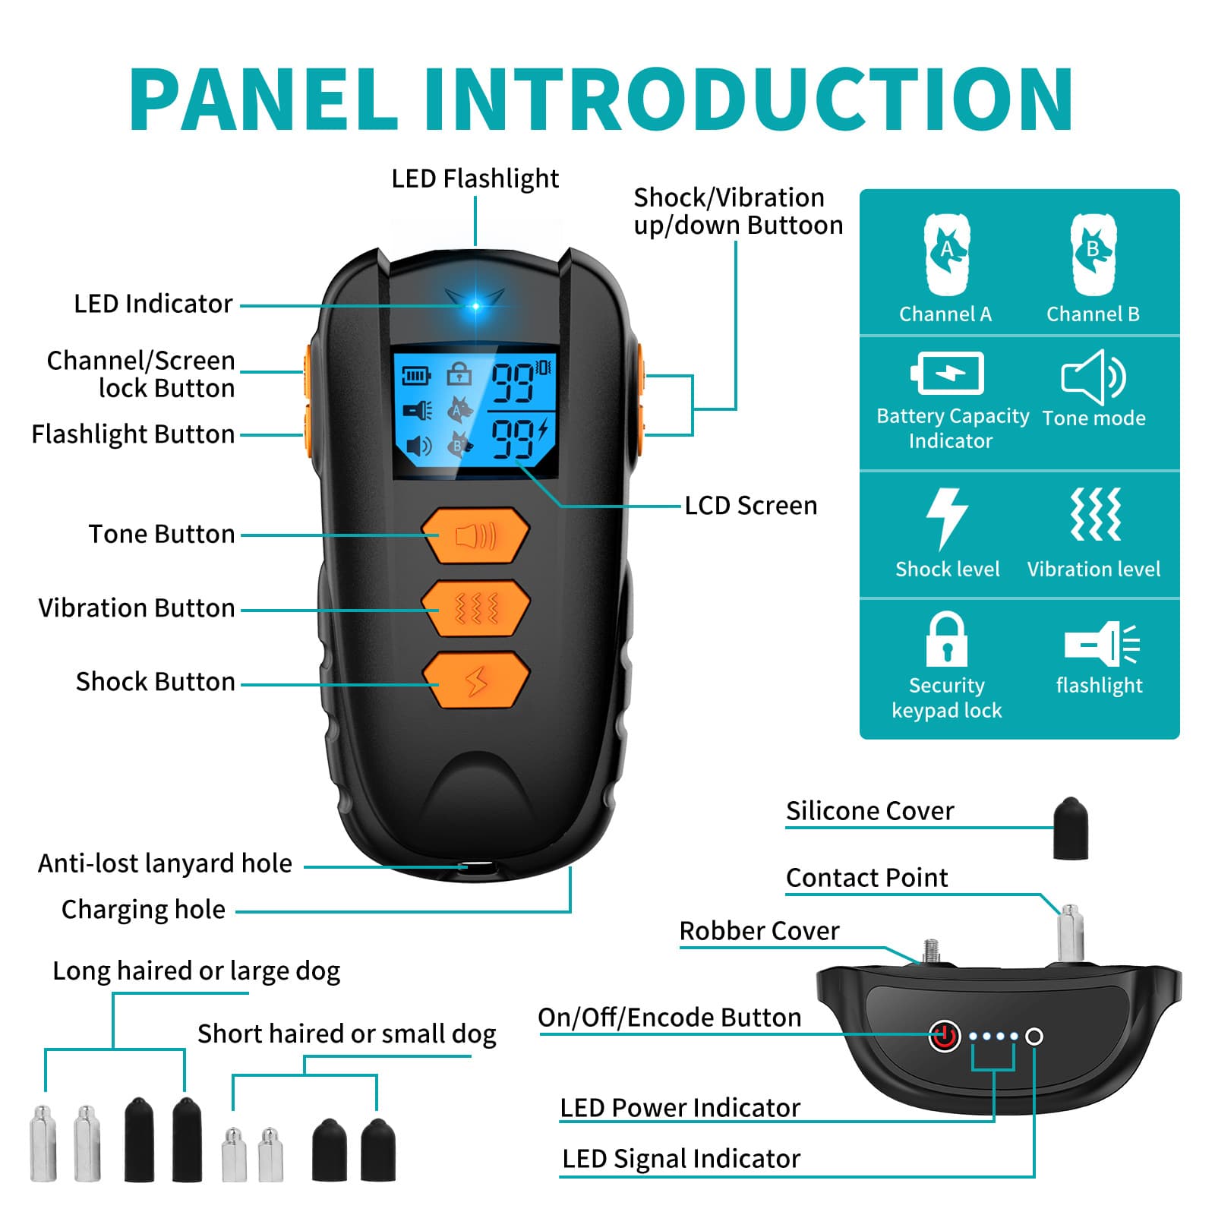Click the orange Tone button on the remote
coord(475,536)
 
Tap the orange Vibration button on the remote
coord(475,608)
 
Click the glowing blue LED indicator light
coord(476,306)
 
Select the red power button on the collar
coord(944,1036)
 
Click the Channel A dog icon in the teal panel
coord(946,254)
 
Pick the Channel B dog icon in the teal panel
coord(1093,254)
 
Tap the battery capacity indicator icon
coord(948,373)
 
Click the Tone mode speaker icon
coord(1093,377)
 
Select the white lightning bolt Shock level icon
coord(946,519)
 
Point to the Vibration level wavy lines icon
coord(1095,515)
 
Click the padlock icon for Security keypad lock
coord(946,639)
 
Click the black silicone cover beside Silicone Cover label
coord(1071,828)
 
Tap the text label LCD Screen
coord(750,506)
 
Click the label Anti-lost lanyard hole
coord(165,863)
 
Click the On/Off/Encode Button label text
coord(669,1018)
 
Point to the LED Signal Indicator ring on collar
coord(1034,1037)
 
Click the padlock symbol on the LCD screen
coord(459,374)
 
